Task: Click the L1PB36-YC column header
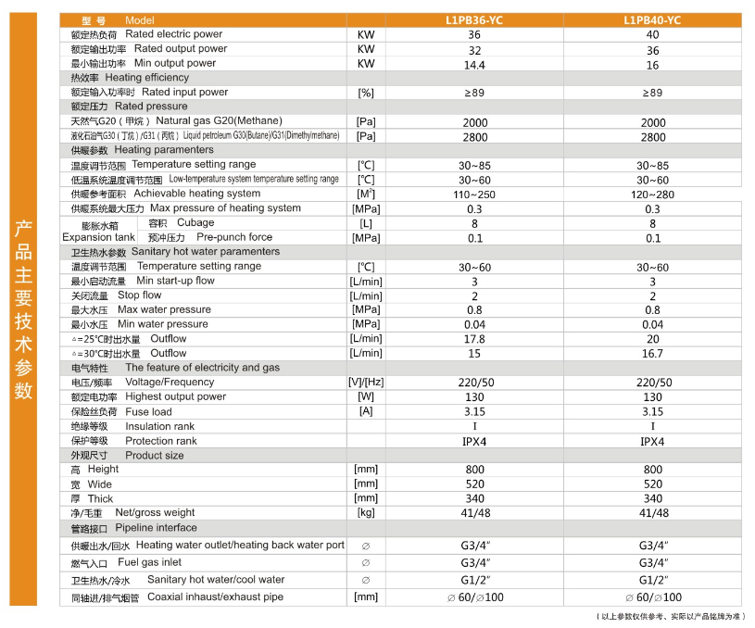click(x=474, y=19)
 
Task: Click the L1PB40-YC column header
click(x=653, y=19)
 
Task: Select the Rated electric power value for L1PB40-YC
click(x=653, y=34)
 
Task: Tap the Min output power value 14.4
click(x=474, y=65)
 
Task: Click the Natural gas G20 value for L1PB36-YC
click(x=474, y=122)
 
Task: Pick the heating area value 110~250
click(x=474, y=195)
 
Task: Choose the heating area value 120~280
click(x=653, y=195)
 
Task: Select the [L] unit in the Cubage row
click(x=366, y=224)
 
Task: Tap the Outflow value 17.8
click(x=474, y=339)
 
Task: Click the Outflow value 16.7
click(x=653, y=354)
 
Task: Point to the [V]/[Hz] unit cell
click(x=366, y=383)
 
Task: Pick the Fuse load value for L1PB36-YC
click(x=474, y=412)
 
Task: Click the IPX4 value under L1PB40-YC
click(x=653, y=441)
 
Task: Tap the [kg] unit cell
click(x=366, y=513)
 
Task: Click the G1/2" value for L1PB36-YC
click(x=474, y=580)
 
